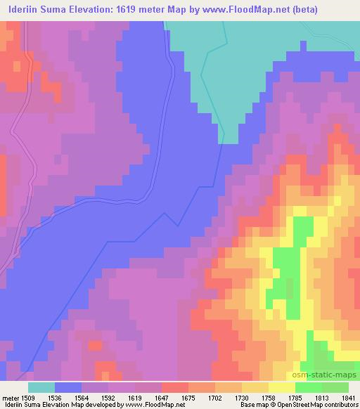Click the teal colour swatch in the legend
tap(42, 387)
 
